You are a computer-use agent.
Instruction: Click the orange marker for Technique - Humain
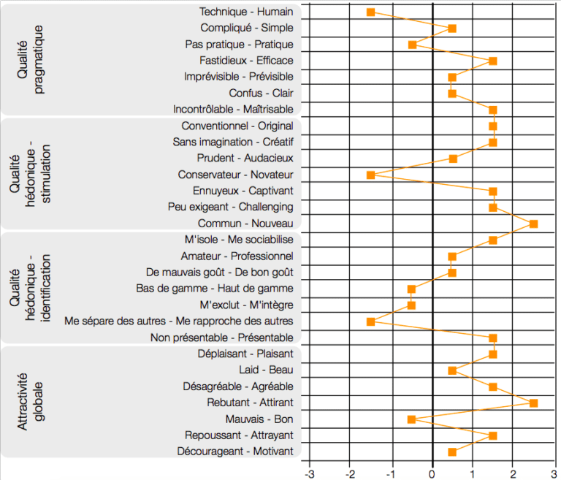(370, 12)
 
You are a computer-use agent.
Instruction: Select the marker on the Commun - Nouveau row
(533, 224)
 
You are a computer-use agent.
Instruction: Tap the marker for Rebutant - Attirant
(533, 403)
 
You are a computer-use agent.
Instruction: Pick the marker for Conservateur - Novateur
(370, 175)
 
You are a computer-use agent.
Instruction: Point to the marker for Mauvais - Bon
(411, 419)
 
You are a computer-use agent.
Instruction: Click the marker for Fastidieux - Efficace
(493, 61)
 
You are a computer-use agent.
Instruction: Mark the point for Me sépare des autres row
(370, 321)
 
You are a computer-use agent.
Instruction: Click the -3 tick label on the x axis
(308, 471)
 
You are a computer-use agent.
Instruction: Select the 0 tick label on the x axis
(432, 471)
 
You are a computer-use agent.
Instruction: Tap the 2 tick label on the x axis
(514, 471)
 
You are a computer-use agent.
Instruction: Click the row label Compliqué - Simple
(246, 28)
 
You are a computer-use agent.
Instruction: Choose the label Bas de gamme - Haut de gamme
(215, 289)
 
